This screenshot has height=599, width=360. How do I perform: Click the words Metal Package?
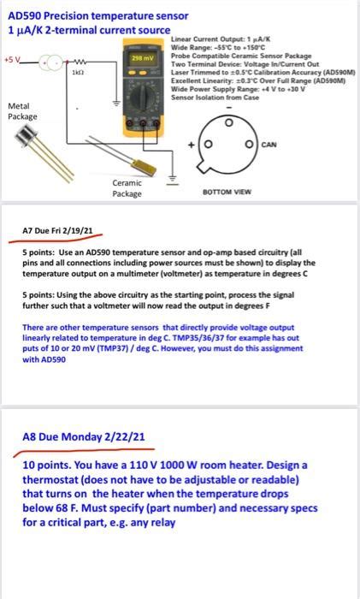(20, 111)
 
